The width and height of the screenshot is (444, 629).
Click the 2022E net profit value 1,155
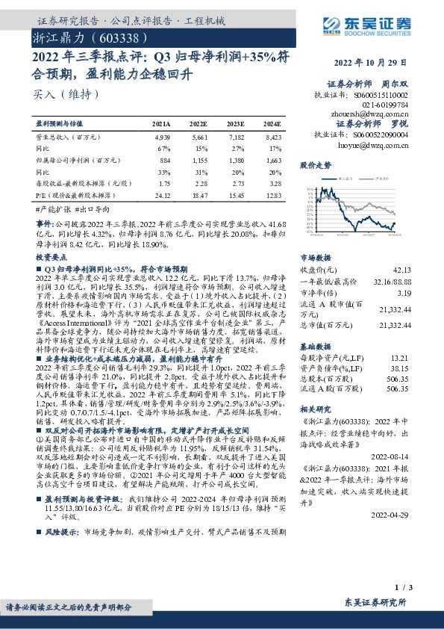pyautogui.click(x=199, y=160)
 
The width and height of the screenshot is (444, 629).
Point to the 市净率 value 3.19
pyautogui.click(x=402, y=294)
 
